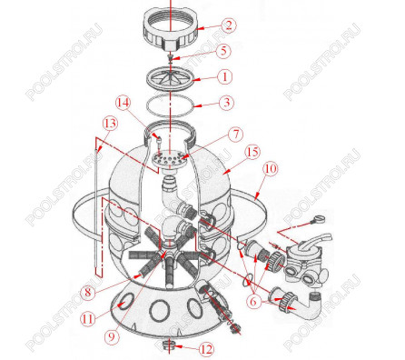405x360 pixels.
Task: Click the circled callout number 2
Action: tap(228, 25)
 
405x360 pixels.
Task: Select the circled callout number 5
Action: tap(223, 51)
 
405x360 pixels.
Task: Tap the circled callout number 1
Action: tap(225, 77)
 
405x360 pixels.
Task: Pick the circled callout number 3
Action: tap(226, 103)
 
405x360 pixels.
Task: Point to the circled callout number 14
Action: tap(123, 103)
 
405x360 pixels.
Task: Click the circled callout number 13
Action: tap(110, 124)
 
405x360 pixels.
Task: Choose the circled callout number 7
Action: tap(235, 135)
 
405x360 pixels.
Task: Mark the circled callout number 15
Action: tap(252, 152)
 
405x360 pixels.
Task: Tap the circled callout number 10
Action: tap(271, 168)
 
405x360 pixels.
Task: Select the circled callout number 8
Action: tap(88, 293)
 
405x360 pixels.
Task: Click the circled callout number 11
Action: tap(88, 319)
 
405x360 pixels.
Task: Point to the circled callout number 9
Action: tap(112, 337)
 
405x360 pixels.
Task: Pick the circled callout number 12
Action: tap(206, 349)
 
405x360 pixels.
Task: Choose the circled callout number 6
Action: tap(252, 302)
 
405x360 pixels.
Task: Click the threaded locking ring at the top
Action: tap(170, 28)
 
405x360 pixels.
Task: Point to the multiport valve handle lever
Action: tap(317, 240)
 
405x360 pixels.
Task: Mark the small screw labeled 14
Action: tap(158, 142)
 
